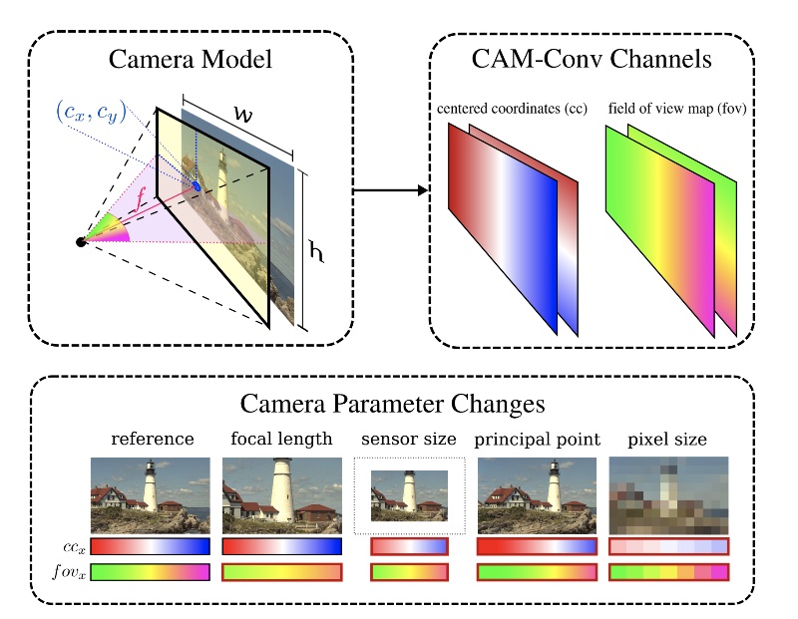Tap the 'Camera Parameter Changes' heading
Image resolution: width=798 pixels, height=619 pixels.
point(392,406)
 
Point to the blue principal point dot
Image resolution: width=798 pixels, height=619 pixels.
point(197,185)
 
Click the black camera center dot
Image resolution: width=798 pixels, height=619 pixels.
point(81,241)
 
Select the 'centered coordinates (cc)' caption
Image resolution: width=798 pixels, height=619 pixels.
point(509,107)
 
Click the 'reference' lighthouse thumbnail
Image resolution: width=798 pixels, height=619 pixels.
point(150,494)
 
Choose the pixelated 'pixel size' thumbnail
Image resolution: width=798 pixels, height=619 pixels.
point(668,494)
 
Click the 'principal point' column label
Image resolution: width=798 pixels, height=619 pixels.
point(537,439)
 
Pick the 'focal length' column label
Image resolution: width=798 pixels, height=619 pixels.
point(281,439)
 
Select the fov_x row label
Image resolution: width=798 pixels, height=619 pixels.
point(68,572)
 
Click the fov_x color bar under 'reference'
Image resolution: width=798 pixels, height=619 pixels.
point(150,572)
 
